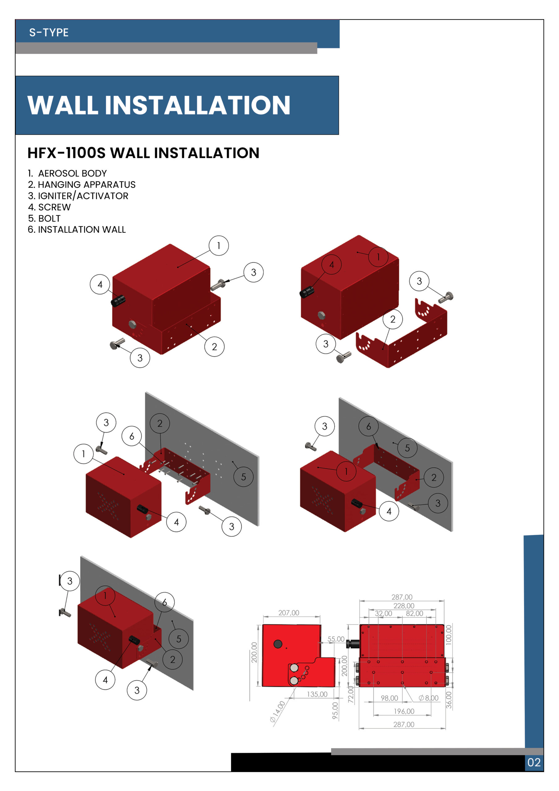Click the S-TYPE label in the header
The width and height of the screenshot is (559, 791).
pyautogui.click(x=48, y=32)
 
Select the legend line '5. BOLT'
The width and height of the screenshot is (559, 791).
pyautogui.click(x=44, y=218)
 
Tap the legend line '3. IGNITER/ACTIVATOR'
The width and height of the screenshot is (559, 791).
pyautogui.click(x=78, y=196)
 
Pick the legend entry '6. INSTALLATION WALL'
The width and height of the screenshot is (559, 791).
pyautogui.click(x=77, y=230)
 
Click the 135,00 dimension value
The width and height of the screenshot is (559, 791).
pyautogui.click(x=317, y=694)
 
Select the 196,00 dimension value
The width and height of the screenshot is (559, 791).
pyautogui.click(x=404, y=711)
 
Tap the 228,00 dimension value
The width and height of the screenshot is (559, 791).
pyautogui.click(x=404, y=606)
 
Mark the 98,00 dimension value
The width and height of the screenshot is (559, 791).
pyautogui.click(x=389, y=698)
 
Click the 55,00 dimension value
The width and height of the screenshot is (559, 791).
pyautogui.click(x=335, y=639)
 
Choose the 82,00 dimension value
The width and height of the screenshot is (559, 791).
pyautogui.click(x=414, y=613)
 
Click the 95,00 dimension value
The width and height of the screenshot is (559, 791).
pyautogui.click(x=335, y=711)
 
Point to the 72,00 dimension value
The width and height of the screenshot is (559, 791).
pyautogui.click(x=351, y=695)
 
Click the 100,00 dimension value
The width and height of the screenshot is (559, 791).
pyautogui.click(x=448, y=635)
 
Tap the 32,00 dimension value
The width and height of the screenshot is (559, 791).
pyautogui.click(x=383, y=613)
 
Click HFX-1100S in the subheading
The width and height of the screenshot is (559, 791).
pyautogui.click(x=66, y=153)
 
